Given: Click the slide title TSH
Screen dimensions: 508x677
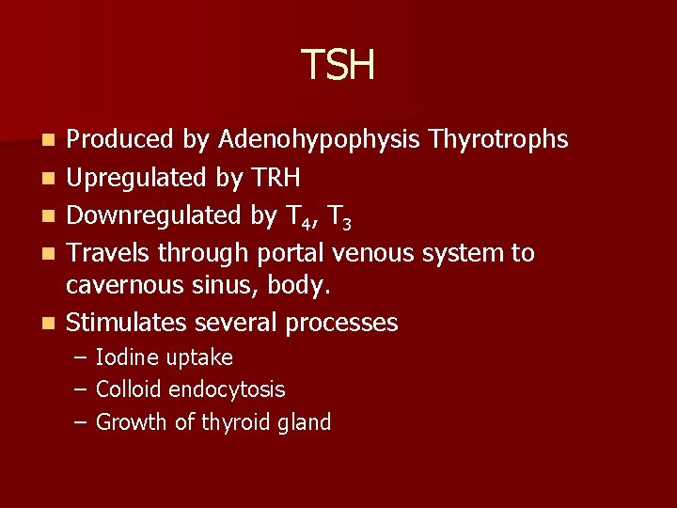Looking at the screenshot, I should click(x=338, y=65).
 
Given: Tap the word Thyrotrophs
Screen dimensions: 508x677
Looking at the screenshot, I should click(x=498, y=140).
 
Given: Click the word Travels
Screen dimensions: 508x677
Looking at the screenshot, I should click(x=109, y=253).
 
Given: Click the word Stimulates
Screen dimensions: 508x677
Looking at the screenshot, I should click(x=126, y=323).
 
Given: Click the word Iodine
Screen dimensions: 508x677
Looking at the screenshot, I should click(x=128, y=357).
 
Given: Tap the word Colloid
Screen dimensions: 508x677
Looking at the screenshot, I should click(x=130, y=389).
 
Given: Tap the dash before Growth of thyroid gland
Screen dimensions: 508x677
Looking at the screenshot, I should click(x=82, y=422).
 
